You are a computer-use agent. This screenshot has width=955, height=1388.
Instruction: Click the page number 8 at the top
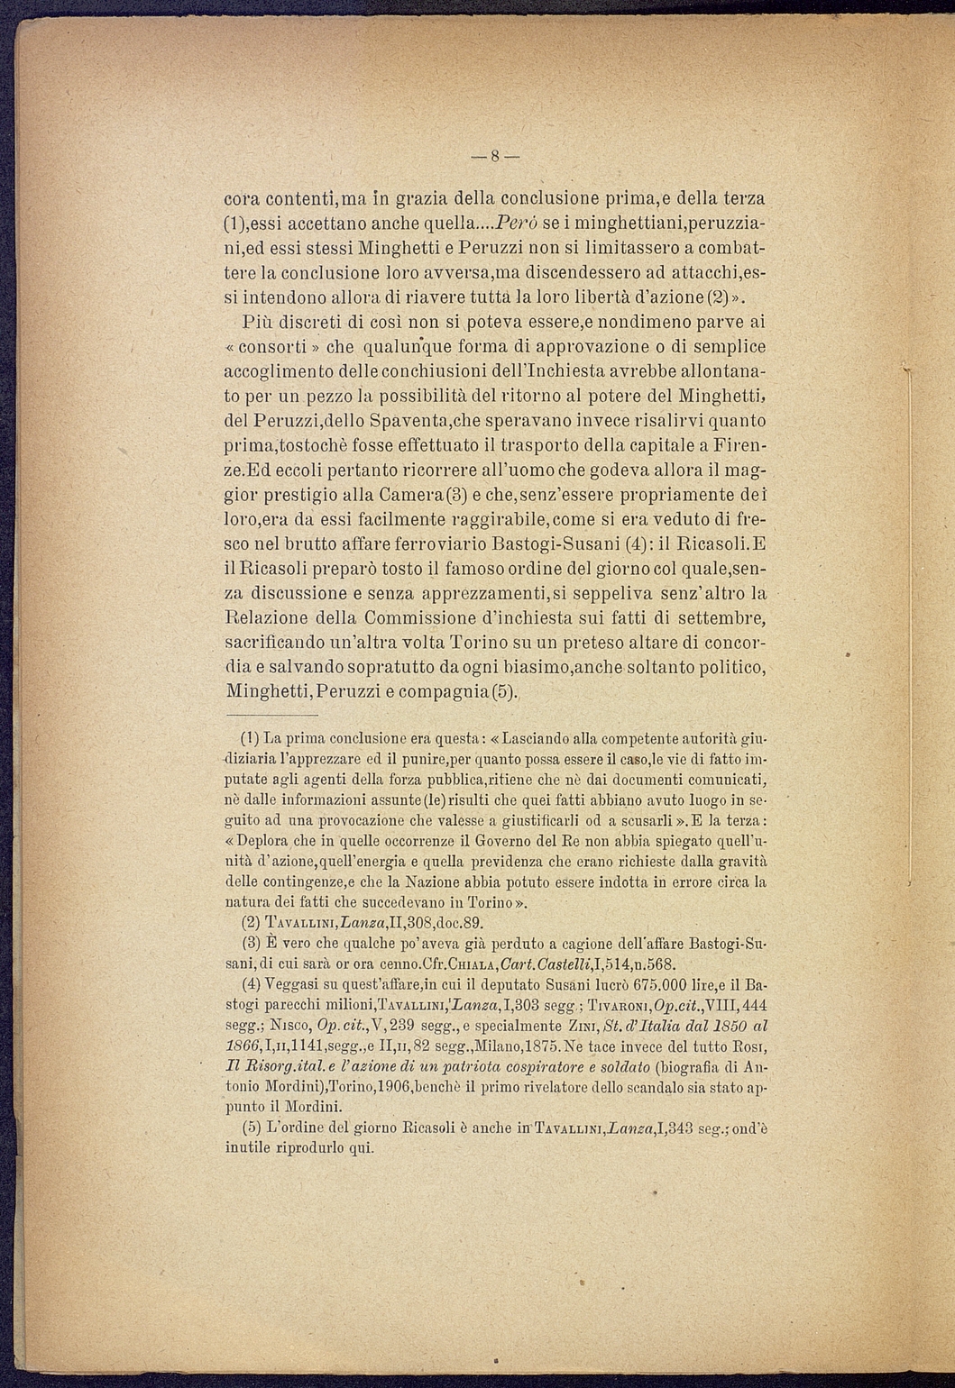(495, 156)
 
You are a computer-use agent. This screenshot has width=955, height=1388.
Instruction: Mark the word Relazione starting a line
(263, 618)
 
